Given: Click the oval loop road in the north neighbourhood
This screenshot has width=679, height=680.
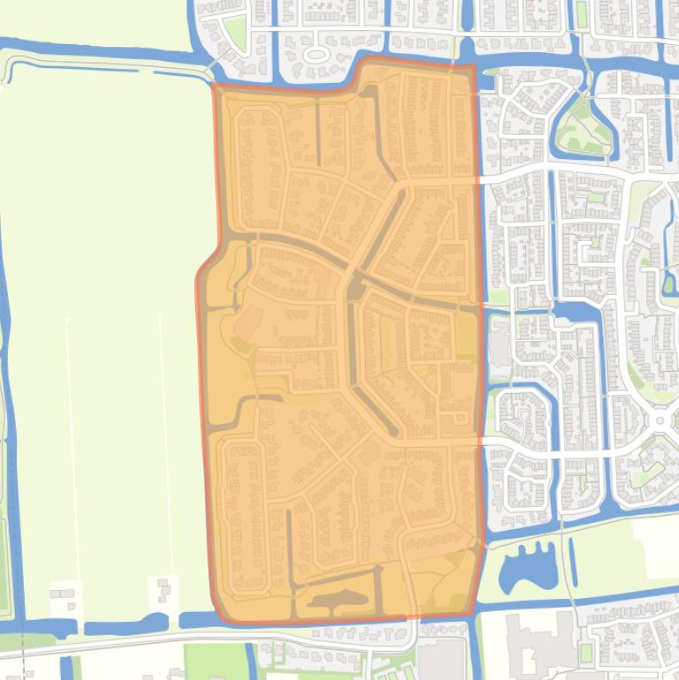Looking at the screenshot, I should pos(315,55).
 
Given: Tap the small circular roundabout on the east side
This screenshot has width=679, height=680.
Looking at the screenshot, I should pos(660,420).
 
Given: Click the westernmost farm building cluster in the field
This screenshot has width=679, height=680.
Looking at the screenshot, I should pos(62,598).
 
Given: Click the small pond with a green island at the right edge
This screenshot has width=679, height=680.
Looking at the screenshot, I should pos(669,283).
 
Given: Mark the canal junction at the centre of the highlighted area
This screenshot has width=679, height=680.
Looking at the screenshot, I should pos(356,287).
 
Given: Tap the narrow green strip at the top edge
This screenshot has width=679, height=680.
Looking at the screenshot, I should pos(582,13).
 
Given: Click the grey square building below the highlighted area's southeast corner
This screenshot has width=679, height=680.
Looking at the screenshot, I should pos(441,659).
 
